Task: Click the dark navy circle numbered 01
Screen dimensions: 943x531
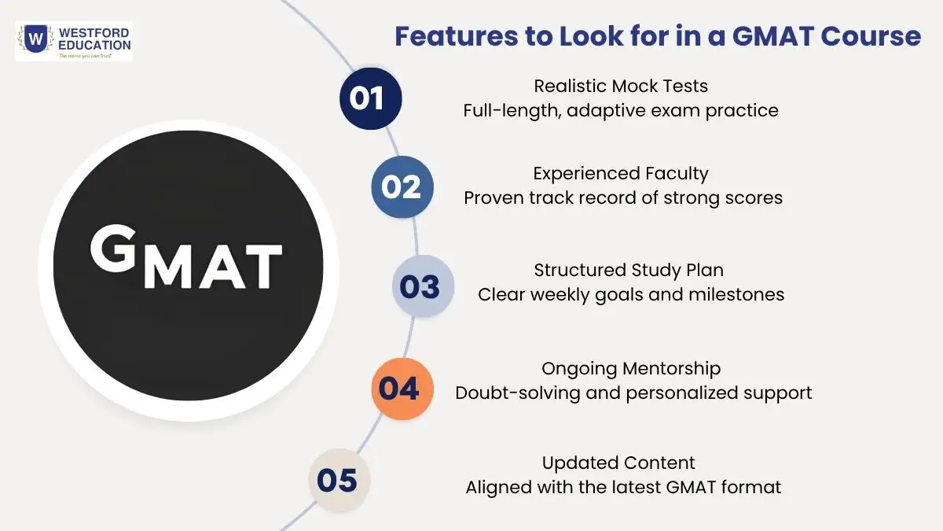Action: [370, 98]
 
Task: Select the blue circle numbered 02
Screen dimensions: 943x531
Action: [402, 186]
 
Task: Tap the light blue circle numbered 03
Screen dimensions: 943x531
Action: [423, 286]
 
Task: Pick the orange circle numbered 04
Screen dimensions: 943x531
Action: [402, 389]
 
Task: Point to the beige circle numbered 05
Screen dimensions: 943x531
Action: [339, 481]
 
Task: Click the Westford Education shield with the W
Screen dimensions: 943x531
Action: [35, 39]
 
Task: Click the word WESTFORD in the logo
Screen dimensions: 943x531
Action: [94, 33]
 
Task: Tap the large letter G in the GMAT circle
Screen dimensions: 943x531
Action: [113, 249]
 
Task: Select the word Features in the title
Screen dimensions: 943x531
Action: [457, 36]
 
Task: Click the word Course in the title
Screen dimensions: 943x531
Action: [871, 36]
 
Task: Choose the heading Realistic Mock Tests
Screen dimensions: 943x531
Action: [621, 86]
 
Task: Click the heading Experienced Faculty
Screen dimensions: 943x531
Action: [621, 174]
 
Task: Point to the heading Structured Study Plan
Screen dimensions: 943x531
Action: [629, 270]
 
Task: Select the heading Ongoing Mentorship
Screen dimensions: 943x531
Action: [631, 369]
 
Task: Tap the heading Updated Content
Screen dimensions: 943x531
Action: [618, 463]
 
